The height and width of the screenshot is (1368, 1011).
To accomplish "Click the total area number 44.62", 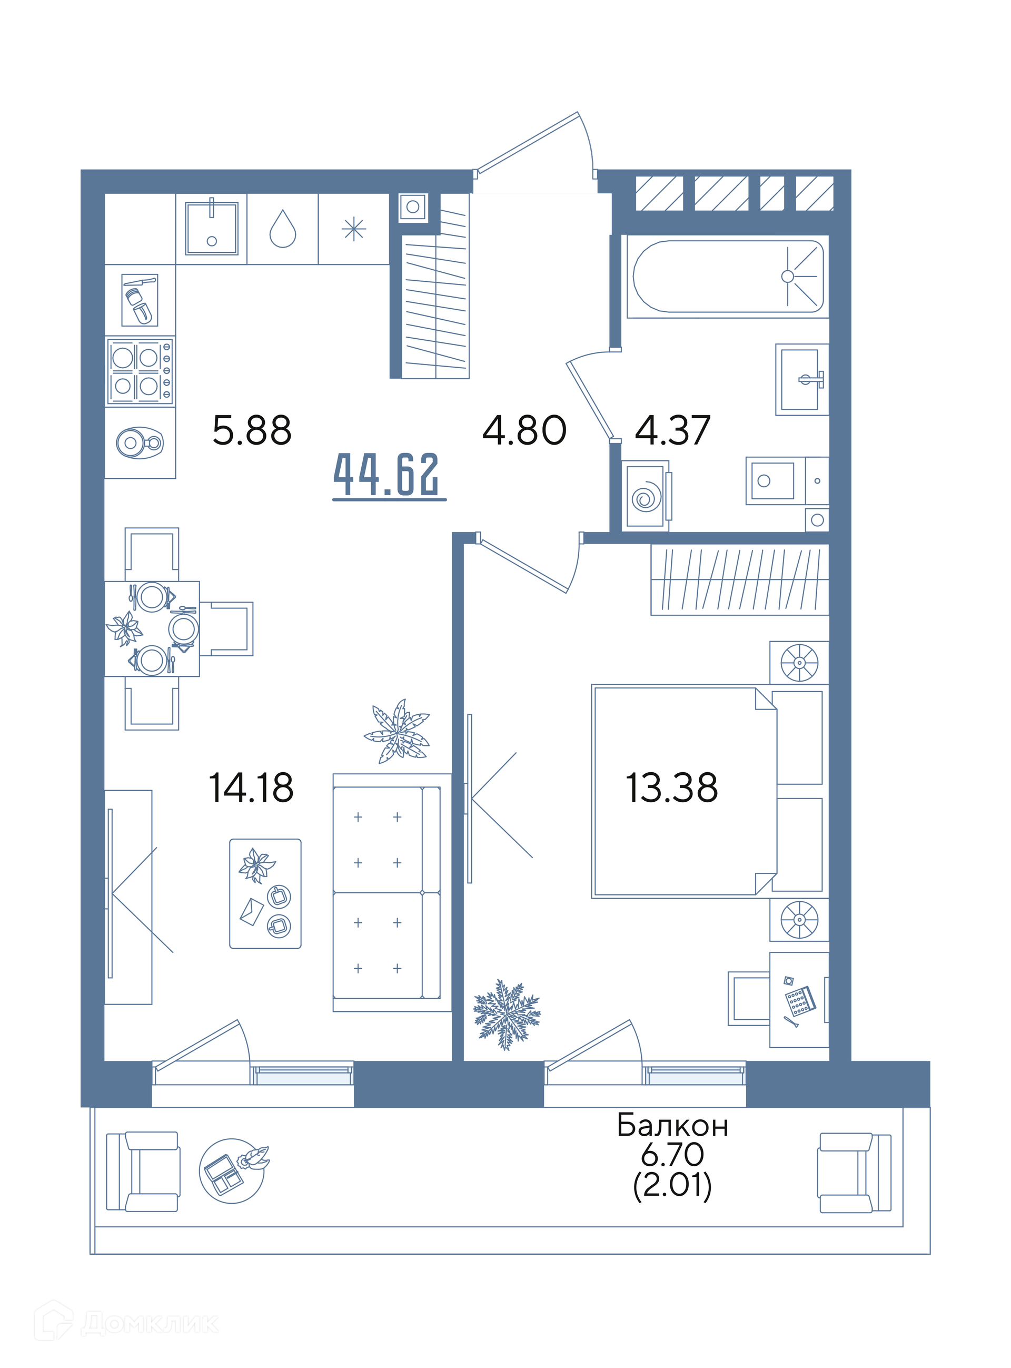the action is click(x=386, y=475).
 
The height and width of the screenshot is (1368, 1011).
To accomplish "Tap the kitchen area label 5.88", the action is click(x=252, y=430).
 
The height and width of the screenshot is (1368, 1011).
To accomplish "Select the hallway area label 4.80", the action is click(x=524, y=430).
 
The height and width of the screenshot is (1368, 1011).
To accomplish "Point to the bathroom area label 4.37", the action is click(x=672, y=430).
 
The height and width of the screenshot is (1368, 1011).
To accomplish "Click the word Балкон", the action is click(x=672, y=1126).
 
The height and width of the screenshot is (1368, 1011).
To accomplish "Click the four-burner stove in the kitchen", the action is click(x=140, y=371).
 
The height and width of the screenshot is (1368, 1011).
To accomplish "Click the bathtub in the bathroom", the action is click(x=728, y=277).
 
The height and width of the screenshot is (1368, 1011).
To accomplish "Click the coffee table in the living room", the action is click(x=265, y=893).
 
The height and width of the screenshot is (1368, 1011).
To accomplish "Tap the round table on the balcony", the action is click(x=232, y=1171).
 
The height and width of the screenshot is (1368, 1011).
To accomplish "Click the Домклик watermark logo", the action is click(x=126, y=1323).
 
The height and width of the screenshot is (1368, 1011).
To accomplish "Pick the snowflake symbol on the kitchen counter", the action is click(x=354, y=230).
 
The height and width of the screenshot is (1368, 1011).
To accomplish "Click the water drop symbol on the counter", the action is click(x=283, y=229).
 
